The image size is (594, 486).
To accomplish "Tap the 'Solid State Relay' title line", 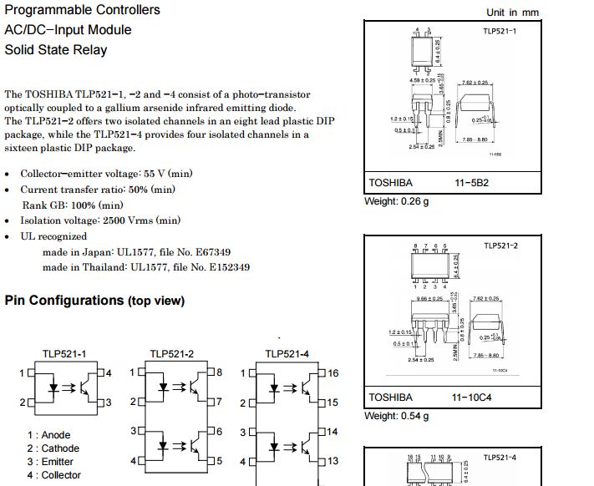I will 56,49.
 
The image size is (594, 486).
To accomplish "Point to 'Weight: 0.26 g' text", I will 397,201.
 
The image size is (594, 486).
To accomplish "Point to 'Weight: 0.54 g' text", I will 397,416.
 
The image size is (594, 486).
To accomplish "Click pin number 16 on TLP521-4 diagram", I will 333,373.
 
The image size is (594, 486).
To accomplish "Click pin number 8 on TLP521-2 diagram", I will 219,372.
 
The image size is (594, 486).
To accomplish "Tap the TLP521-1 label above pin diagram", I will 64,354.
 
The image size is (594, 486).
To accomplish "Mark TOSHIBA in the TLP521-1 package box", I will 390,182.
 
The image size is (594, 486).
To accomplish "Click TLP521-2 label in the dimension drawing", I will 500,246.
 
